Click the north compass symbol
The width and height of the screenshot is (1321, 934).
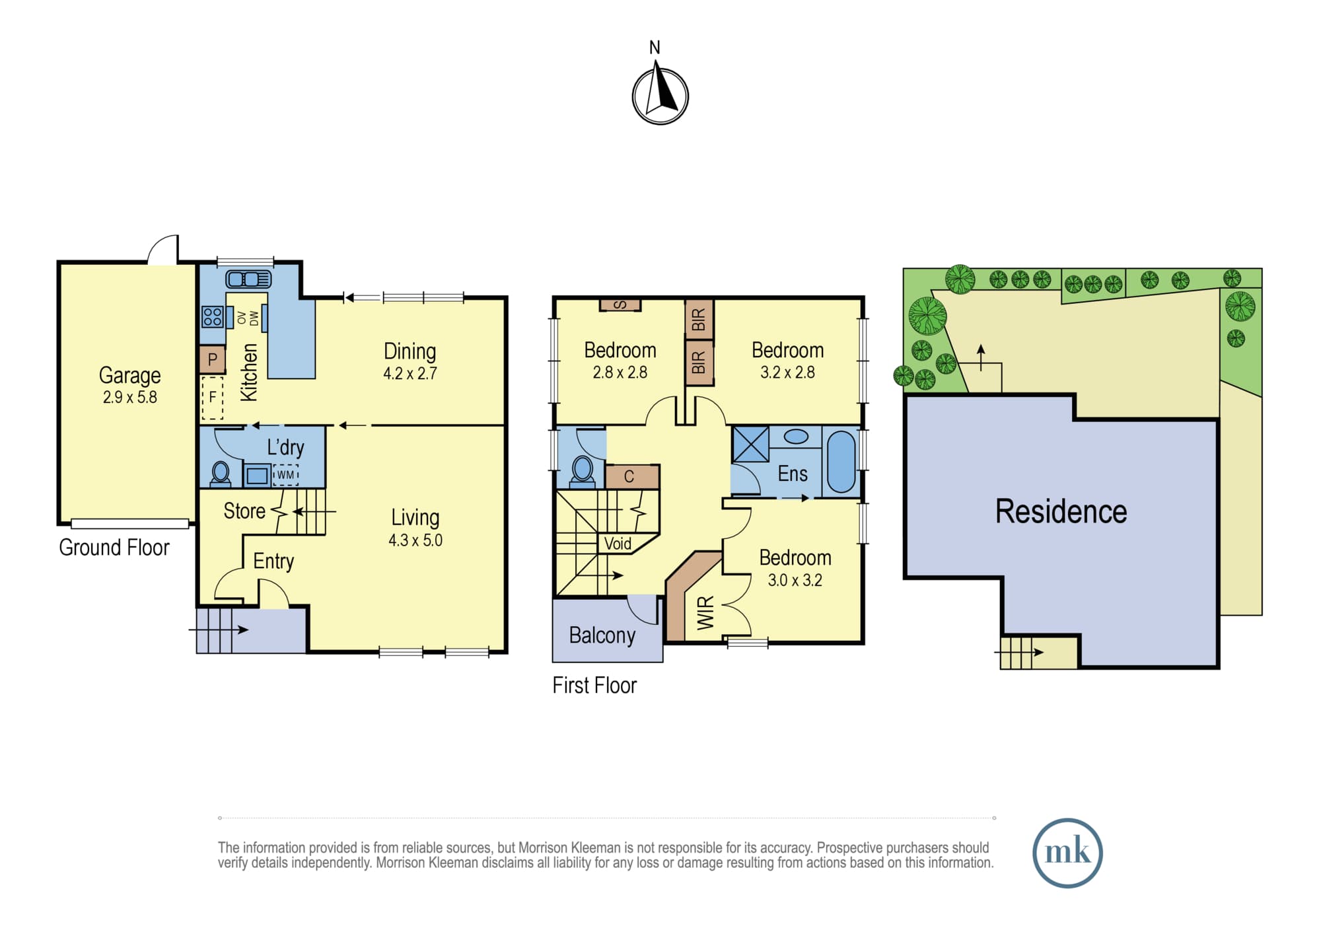click(x=660, y=96)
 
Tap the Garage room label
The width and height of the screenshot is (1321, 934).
click(x=130, y=375)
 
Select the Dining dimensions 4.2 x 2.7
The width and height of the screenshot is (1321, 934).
click(x=410, y=373)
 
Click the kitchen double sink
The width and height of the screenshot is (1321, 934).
click(x=248, y=279)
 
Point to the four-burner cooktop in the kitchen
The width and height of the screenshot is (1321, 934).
click(x=213, y=317)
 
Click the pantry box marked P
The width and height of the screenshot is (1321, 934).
click(x=213, y=360)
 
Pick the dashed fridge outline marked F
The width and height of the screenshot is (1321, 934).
click(x=213, y=398)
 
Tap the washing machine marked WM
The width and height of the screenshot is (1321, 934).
click(x=286, y=475)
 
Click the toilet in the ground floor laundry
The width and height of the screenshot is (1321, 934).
click(x=221, y=473)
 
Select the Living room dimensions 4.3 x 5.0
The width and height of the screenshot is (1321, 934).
click(x=415, y=540)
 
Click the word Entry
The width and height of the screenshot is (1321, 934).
click(x=273, y=561)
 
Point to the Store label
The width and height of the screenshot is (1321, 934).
click(x=244, y=511)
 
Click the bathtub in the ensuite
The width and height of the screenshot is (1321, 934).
click(x=841, y=462)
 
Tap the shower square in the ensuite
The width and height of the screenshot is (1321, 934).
click(x=751, y=444)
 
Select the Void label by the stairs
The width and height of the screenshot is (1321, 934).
click(x=618, y=544)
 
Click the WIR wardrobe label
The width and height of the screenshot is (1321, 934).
click(x=705, y=612)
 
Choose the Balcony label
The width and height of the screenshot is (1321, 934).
click(x=602, y=635)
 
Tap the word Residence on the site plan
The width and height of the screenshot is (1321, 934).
click(x=1061, y=511)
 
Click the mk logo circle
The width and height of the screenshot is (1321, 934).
click(x=1067, y=853)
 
